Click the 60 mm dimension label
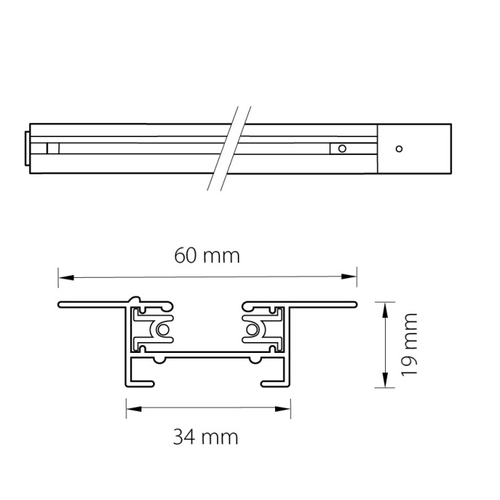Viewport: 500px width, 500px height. click(207, 255)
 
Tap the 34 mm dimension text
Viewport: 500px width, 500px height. click(206, 436)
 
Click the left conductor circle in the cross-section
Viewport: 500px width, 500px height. click(164, 330)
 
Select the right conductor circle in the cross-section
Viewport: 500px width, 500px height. click(252, 330)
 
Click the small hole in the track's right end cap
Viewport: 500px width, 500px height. click(399, 149)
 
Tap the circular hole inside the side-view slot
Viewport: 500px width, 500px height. click(342, 149)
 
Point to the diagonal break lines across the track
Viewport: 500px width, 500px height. click(229, 149)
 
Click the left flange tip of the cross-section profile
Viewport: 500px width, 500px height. click(60, 305)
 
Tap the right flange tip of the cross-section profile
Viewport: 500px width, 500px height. click(354, 305)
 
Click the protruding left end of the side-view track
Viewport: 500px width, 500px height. click(28, 149)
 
